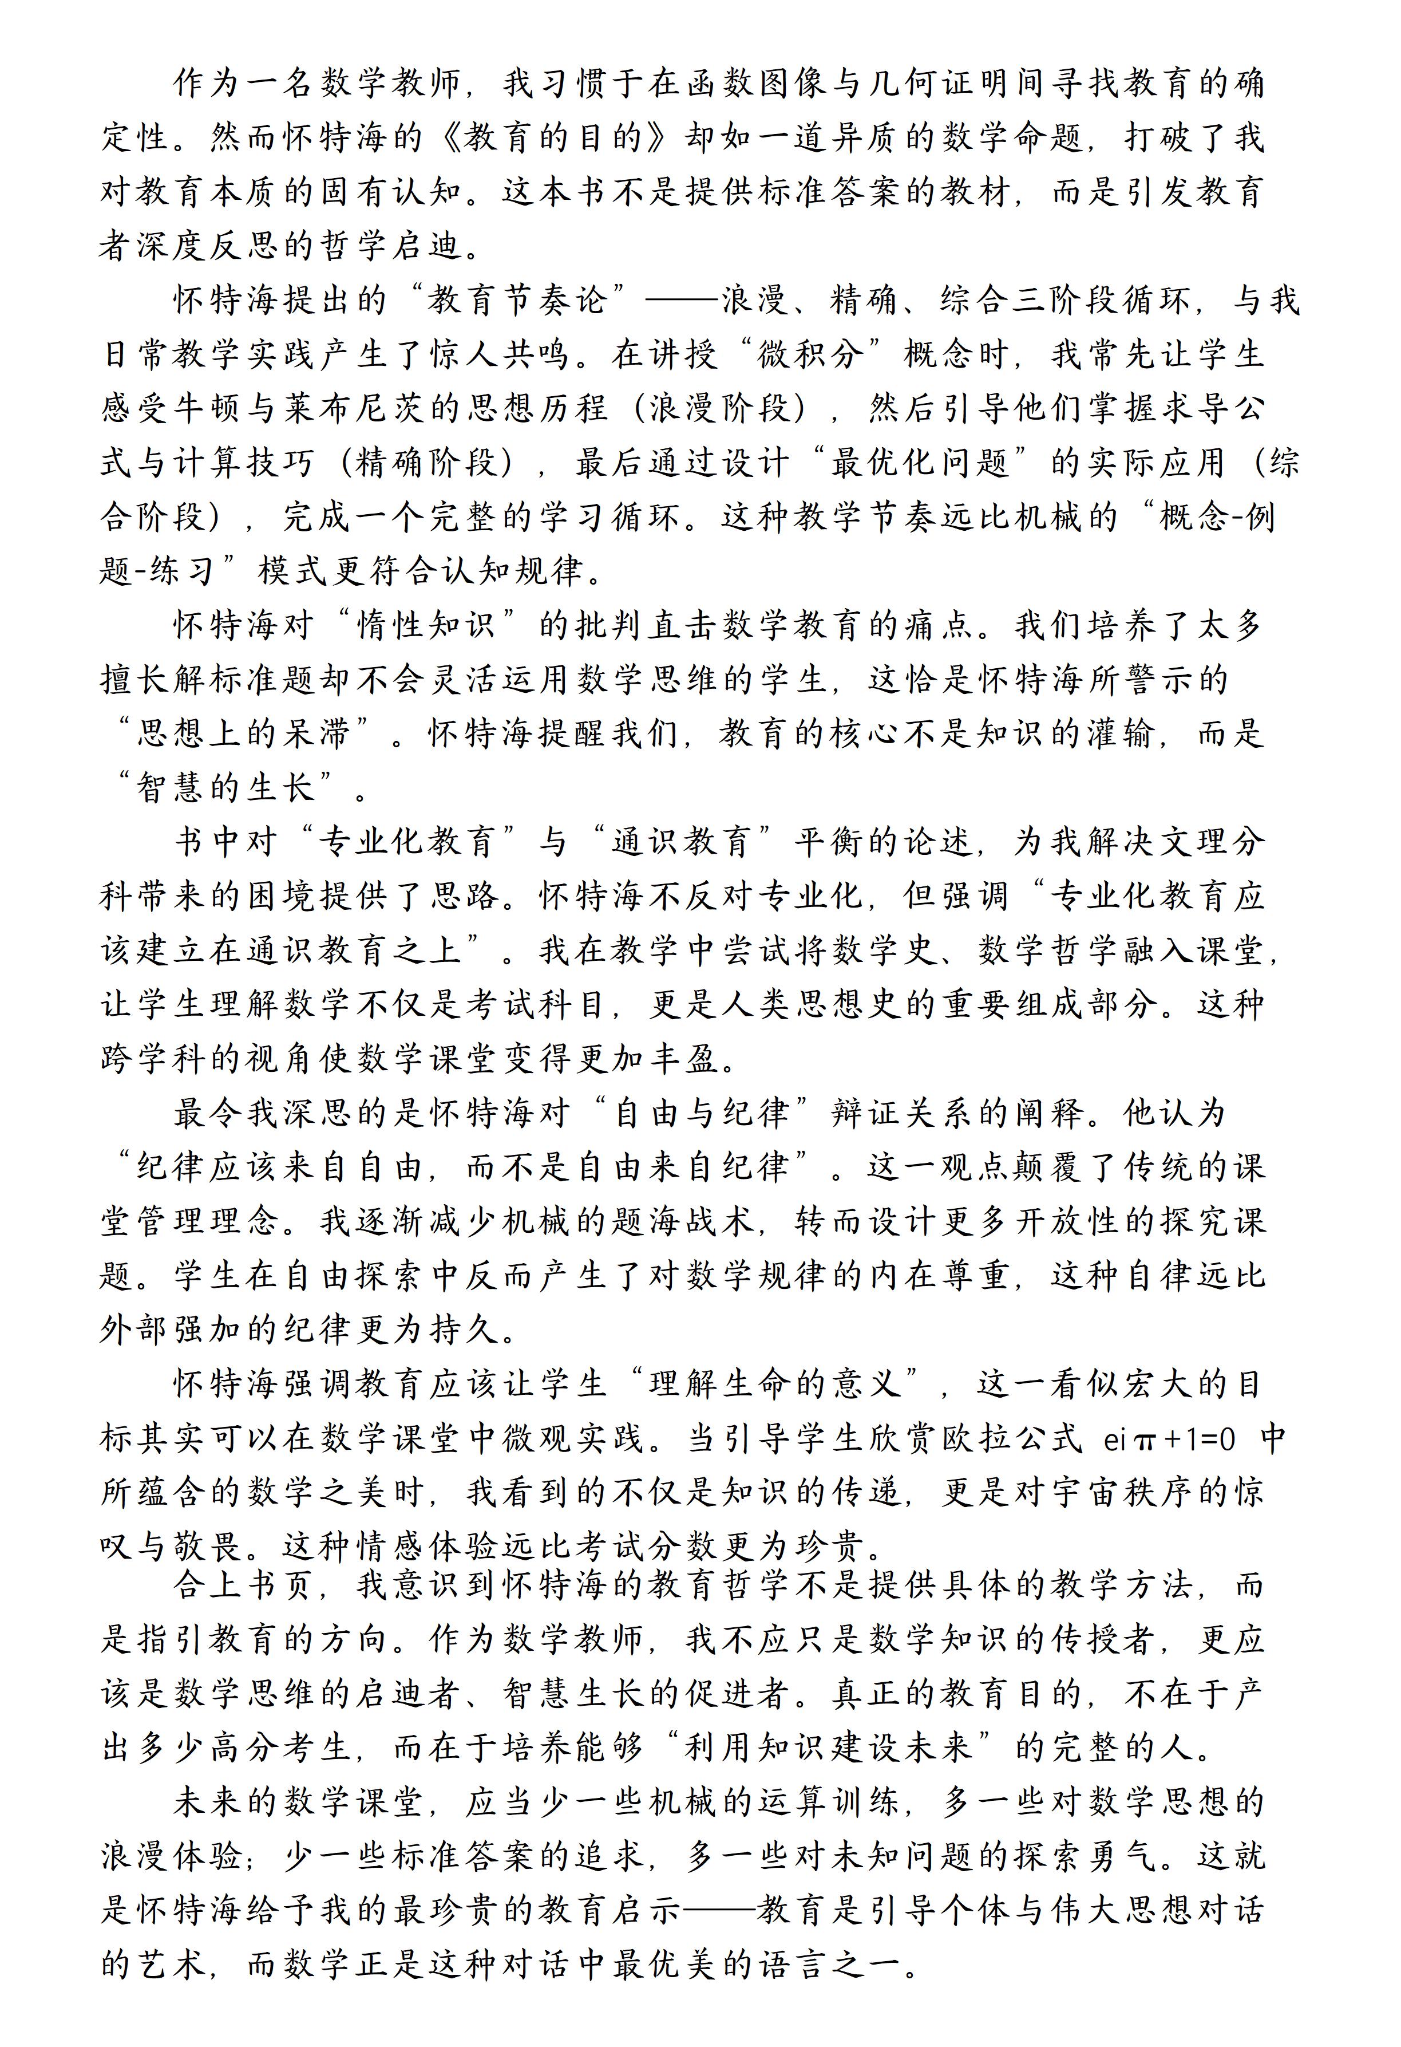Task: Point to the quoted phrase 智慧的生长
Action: [x=225, y=788]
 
